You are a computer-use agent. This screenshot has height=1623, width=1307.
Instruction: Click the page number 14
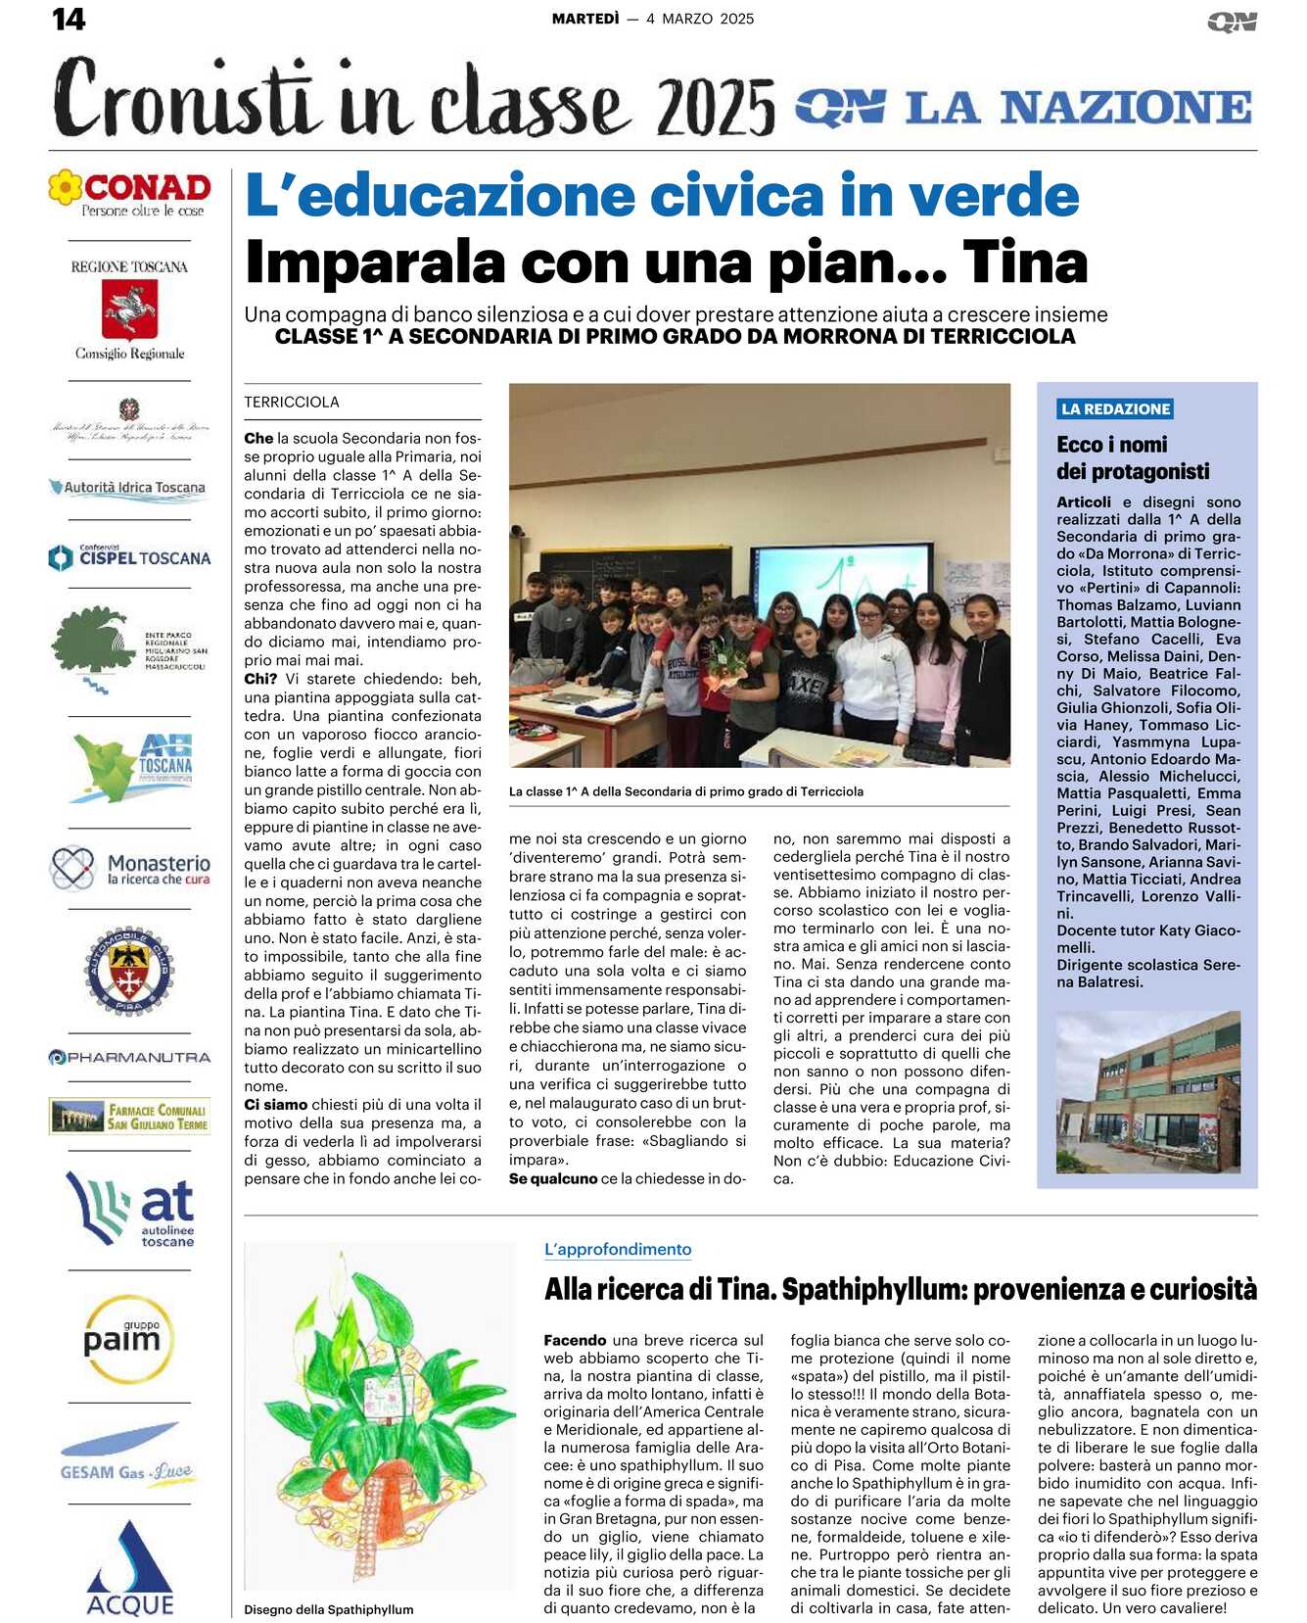click(69, 19)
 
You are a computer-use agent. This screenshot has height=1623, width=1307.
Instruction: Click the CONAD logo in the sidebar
click(130, 192)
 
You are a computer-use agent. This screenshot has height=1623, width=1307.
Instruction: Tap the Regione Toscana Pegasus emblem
click(130, 309)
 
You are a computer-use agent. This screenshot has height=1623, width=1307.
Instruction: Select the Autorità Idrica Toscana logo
click(129, 488)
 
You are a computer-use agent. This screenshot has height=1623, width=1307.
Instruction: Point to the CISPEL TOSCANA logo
click(130, 557)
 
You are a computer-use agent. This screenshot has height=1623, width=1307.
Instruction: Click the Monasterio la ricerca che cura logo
click(130, 868)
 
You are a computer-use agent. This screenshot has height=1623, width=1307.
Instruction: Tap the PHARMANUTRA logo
click(130, 1057)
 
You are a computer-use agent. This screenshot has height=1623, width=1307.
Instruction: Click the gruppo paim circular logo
click(129, 1339)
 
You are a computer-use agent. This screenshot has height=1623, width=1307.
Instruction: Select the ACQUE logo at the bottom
click(130, 1566)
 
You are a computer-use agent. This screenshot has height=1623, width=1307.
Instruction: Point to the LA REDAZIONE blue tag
click(1115, 409)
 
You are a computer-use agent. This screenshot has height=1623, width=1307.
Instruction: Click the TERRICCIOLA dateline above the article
click(292, 402)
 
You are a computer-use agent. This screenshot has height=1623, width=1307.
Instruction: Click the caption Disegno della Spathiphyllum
click(329, 1609)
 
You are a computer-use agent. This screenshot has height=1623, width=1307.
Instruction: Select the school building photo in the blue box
click(1147, 1091)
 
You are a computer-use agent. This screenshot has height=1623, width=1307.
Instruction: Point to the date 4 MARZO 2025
click(700, 19)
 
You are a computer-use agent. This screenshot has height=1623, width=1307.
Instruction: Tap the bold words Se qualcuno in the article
click(553, 1178)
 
